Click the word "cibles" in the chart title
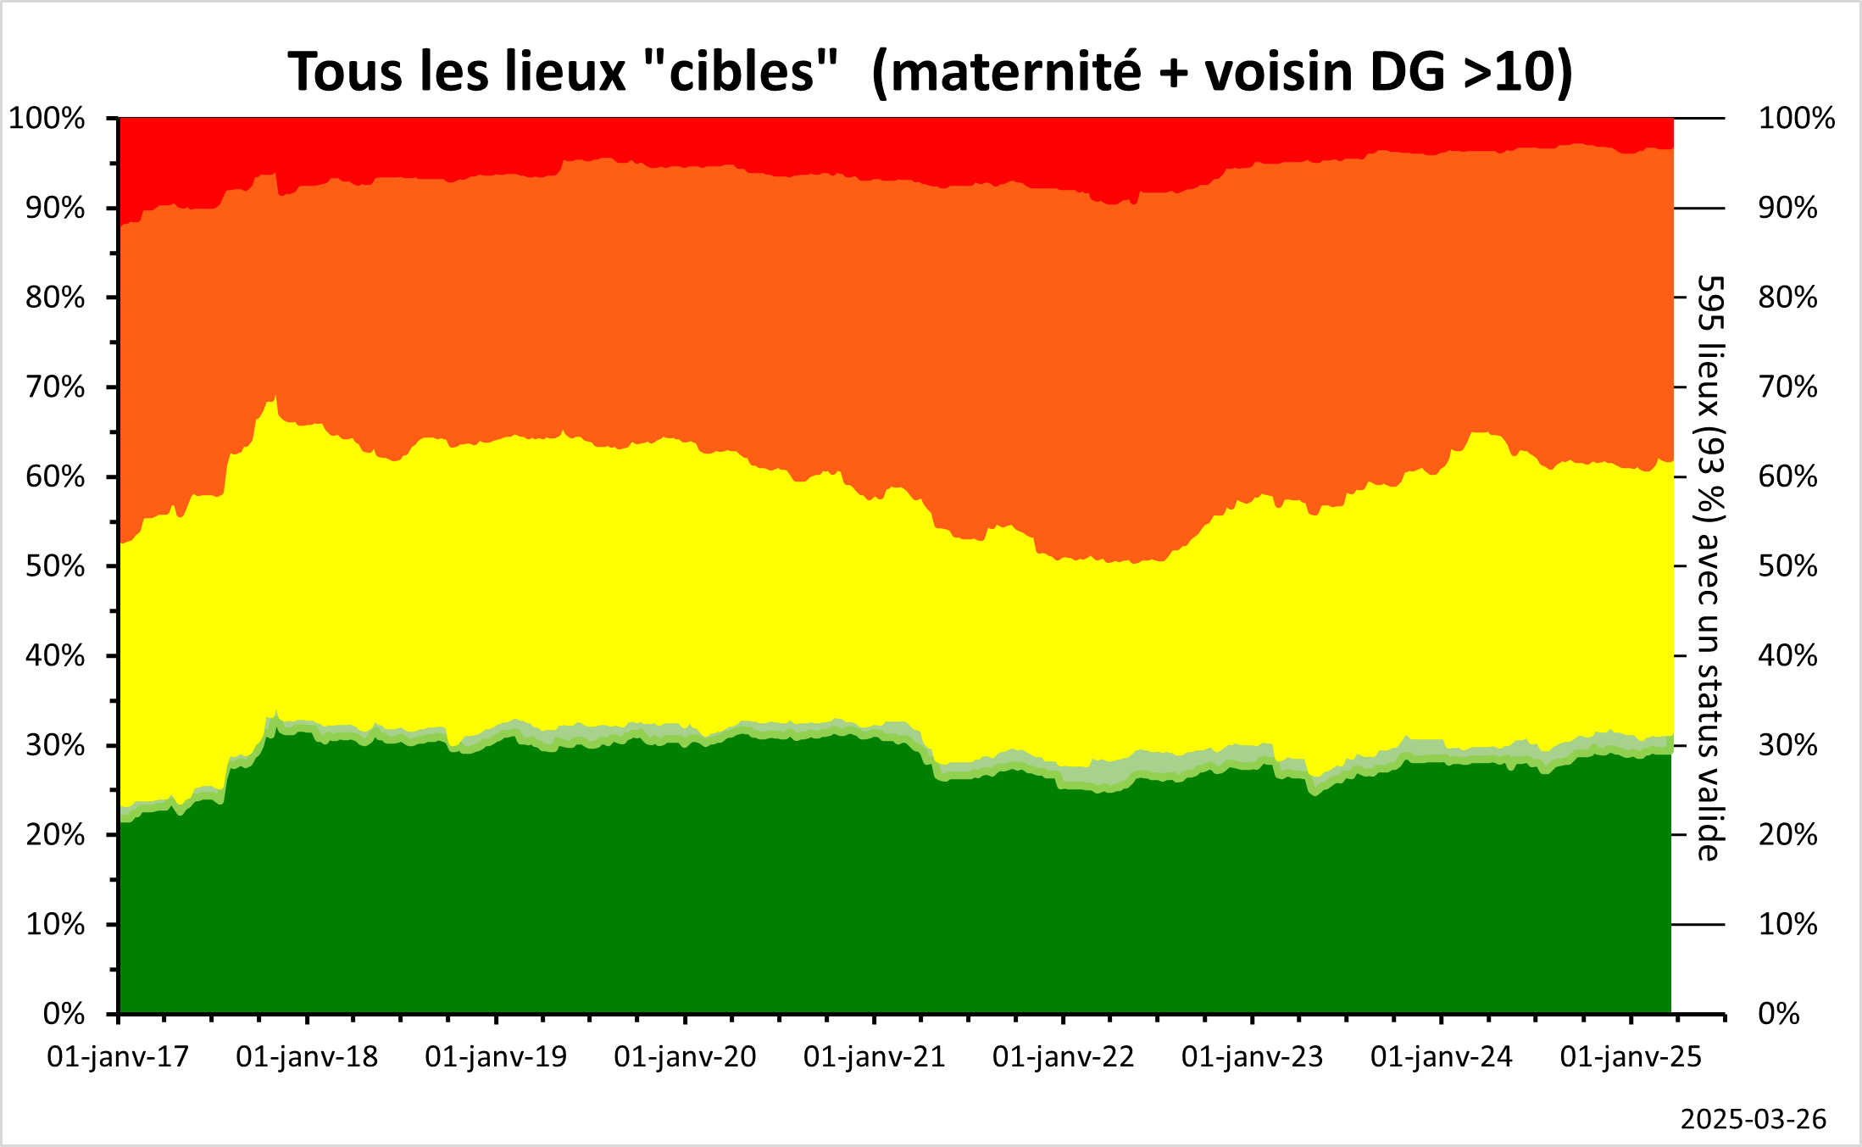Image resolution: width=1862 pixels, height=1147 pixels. tap(741, 71)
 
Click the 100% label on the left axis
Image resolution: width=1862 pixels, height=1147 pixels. tap(47, 119)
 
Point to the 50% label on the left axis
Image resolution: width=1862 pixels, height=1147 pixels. tap(55, 566)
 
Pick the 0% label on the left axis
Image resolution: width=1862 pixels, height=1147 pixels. tap(64, 1014)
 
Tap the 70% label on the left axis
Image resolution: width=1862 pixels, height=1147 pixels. tap(55, 387)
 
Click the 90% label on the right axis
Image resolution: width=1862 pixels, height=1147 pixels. tap(1787, 209)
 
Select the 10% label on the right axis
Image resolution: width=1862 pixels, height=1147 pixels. tap(1787, 924)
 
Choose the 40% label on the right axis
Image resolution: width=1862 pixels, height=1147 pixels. tap(1787, 656)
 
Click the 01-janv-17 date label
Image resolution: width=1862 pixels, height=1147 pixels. tap(118, 1057)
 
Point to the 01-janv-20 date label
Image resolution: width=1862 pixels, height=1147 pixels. tap(685, 1057)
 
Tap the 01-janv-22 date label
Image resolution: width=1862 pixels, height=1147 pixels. tap(1063, 1057)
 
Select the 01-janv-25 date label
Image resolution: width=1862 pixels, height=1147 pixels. tap(1631, 1057)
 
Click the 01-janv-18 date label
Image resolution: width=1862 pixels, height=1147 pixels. tap(307, 1057)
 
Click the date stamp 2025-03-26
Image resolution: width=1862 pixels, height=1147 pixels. tap(1753, 1120)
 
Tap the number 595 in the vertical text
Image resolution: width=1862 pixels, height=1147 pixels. tap(1709, 304)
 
